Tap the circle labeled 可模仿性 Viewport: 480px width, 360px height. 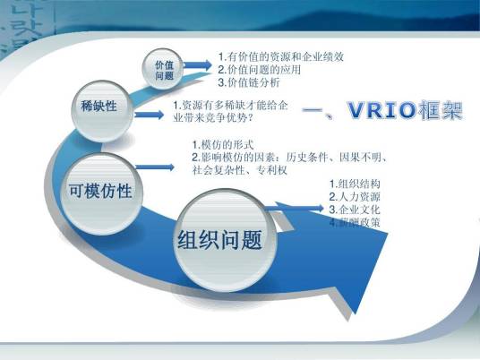coord(99,190)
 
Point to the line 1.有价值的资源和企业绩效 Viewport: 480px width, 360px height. coord(280,56)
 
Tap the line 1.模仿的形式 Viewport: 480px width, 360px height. coord(225,145)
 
